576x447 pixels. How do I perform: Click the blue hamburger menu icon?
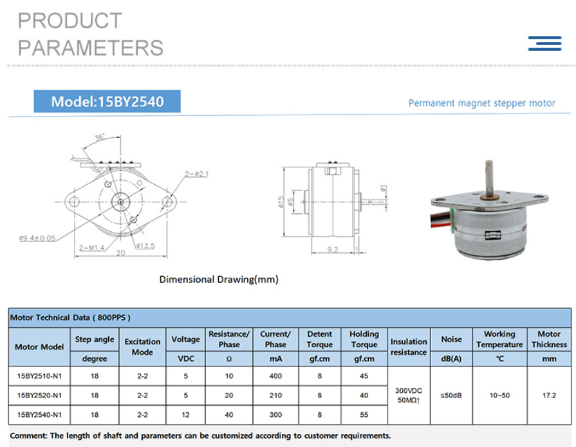(544, 43)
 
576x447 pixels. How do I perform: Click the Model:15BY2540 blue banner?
(107, 102)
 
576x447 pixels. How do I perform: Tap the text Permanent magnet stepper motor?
(481, 103)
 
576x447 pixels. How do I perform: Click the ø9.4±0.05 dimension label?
(37, 238)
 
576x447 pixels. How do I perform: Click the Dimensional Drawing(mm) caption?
(219, 280)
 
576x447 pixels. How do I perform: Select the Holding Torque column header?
(364, 339)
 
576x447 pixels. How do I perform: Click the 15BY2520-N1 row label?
(39, 395)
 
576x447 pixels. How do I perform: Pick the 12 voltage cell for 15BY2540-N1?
(185, 414)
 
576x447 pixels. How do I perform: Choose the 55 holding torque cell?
(364, 414)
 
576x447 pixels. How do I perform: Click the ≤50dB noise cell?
(451, 395)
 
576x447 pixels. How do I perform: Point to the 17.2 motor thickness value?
(549, 395)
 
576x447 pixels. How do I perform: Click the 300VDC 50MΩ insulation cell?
(409, 395)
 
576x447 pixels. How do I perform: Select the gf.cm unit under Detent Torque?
(319, 359)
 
